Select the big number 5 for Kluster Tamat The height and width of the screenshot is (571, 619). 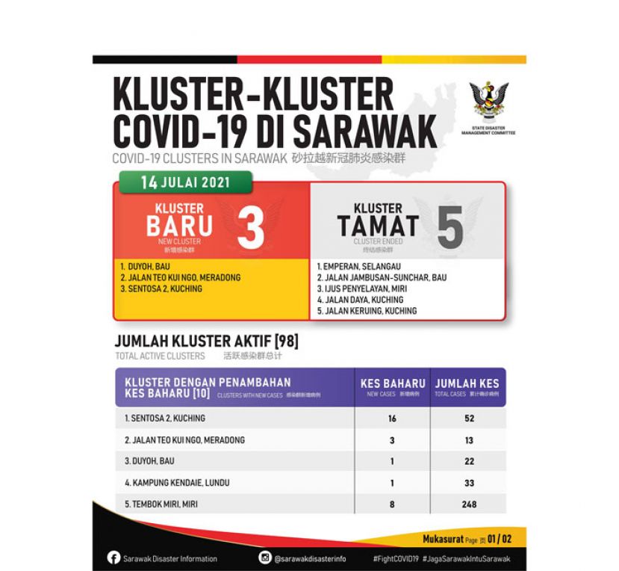click(450, 228)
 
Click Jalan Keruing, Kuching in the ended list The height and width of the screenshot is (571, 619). click(371, 311)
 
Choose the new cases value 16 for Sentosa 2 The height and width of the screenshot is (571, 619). click(392, 419)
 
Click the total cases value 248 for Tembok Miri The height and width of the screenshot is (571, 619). click(468, 504)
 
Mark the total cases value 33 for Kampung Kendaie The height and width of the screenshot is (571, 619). click(468, 483)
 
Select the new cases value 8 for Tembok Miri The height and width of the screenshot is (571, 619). click(392, 504)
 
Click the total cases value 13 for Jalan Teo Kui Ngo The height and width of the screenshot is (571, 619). click(468, 440)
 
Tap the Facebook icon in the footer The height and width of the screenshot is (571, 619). click(114, 558)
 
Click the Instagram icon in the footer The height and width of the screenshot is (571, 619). click(266, 558)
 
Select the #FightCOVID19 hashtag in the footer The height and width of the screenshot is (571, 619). click(394, 558)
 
